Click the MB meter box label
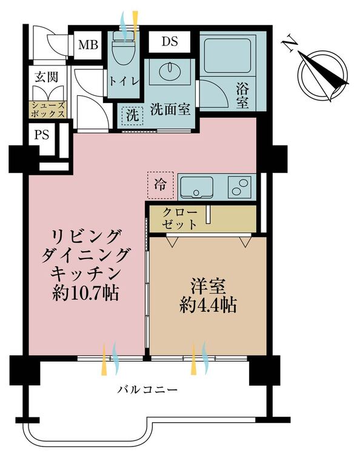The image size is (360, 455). (x=88, y=45)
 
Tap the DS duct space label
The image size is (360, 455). (x=170, y=41)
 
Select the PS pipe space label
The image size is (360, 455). (x=42, y=135)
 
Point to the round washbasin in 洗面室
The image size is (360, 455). (x=170, y=69)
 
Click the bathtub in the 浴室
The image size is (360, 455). (x=227, y=56)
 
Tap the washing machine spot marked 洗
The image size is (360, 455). (x=133, y=116)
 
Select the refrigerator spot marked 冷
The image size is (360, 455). (x=160, y=185)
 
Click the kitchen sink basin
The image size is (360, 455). (x=197, y=187)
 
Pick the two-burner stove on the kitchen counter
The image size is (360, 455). (x=240, y=187)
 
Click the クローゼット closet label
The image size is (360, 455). (x=180, y=218)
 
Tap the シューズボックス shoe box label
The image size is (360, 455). (x=48, y=109)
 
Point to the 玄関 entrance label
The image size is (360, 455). (x=47, y=77)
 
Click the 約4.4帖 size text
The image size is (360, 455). (x=208, y=305)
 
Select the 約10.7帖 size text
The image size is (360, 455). (x=85, y=294)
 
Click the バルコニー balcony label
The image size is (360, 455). (x=147, y=389)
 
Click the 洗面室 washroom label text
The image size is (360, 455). (x=170, y=110)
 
